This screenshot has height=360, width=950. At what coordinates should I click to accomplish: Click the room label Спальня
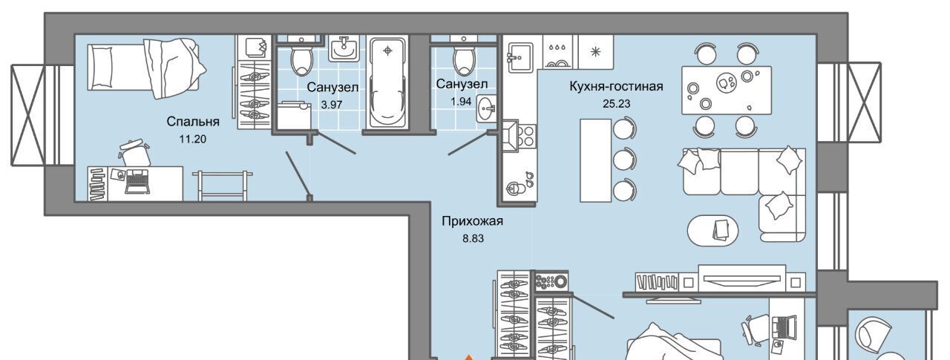pyautogui.click(x=193, y=122)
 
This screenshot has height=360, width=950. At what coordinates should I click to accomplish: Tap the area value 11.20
pyautogui.click(x=192, y=139)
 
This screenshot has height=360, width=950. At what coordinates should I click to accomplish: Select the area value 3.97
pyautogui.click(x=331, y=105)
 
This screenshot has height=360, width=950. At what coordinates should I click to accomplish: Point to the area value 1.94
pyautogui.click(x=461, y=102)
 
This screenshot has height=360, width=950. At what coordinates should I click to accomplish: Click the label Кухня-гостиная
pyautogui.click(x=616, y=87)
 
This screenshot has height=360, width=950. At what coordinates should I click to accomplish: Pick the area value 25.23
pyautogui.click(x=616, y=103)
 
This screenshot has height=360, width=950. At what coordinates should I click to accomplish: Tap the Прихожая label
pyautogui.click(x=473, y=221)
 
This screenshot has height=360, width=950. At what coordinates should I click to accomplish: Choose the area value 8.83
pyautogui.click(x=473, y=238)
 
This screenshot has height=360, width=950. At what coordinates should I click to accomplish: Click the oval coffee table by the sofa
pyautogui.click(x=713, y=231)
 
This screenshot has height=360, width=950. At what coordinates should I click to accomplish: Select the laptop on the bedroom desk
pyautogui.click(x=137, y=181)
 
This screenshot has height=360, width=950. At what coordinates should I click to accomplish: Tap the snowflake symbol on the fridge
pyautogui.click(x=596, y=52)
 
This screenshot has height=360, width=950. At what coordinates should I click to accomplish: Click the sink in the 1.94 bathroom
pyautogui.click(x=487, y=109)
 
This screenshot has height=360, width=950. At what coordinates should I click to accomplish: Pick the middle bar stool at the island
pyautogui.click(x=625, y=160)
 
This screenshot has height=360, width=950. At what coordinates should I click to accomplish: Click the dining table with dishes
pyautogui.click(x=727, y=90)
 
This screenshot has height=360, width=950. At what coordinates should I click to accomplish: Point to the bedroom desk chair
pyautogui.click(x=135, y=154)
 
